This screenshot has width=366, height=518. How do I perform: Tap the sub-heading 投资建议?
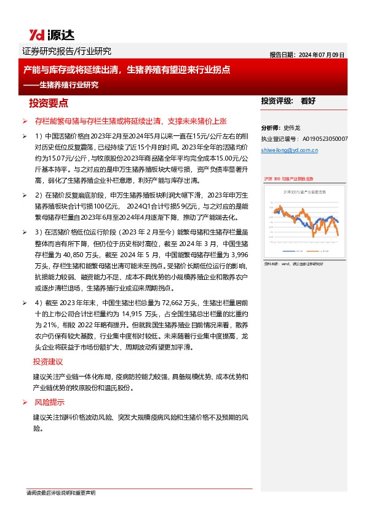click(x=48, y=362)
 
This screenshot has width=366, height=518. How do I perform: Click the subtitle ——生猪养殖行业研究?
click(x=61, y=85)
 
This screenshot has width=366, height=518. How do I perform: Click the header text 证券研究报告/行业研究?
click(x=66, y=52)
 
